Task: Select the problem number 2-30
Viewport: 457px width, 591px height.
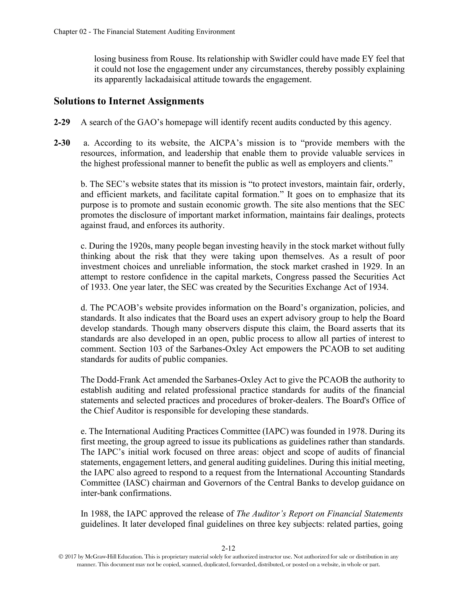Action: (x=62, y=143)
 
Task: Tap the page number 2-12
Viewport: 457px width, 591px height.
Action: (x=228, y=548)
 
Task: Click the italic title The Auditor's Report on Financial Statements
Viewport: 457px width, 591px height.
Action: (x=320, y=514)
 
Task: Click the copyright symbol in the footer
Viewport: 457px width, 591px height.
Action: (x=61, y=557)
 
